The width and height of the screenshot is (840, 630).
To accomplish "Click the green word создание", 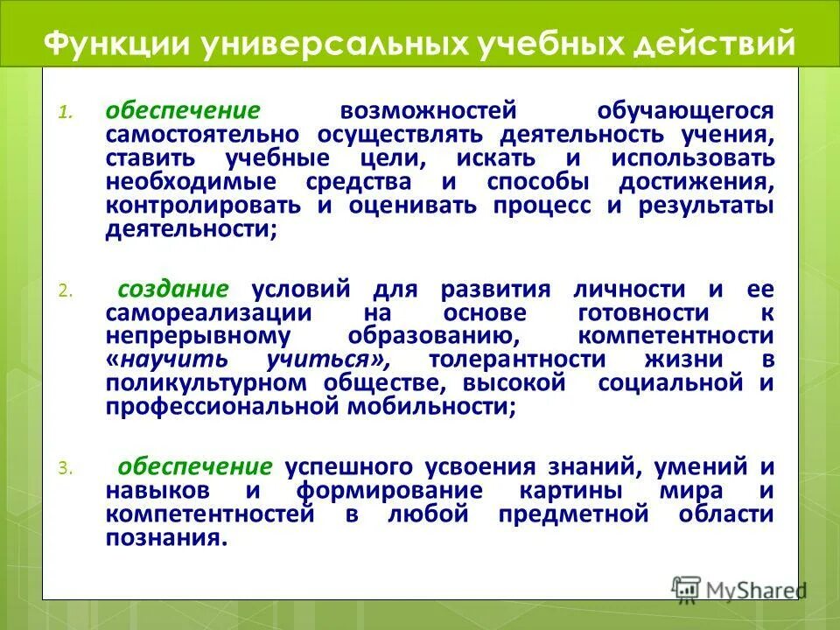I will (173, 290).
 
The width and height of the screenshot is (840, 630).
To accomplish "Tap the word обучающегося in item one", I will (686, 111).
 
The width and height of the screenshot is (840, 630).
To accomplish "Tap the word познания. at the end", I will (166, 538).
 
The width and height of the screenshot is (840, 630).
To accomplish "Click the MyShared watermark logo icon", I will (687, 588).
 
